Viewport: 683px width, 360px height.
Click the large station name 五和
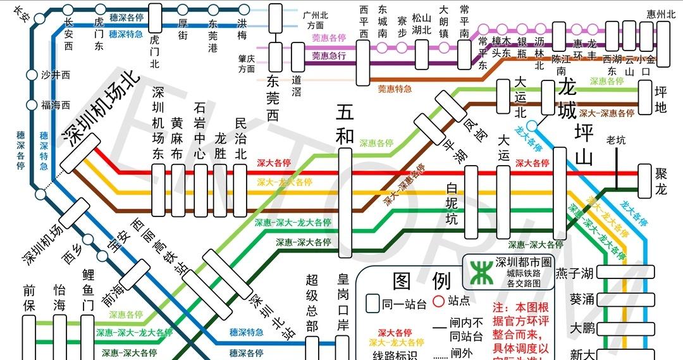click(345, 123)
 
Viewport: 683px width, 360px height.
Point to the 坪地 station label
click(660, 97)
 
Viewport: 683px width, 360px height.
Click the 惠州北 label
click(661, 14)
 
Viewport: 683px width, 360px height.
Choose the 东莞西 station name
click(273, 99)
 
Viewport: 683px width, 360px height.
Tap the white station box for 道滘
click(297, 58)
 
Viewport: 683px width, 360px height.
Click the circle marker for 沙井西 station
click(32, 75)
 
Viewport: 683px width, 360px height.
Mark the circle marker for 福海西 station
click(32, 104)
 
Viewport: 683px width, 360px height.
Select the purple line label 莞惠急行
click(329, 56)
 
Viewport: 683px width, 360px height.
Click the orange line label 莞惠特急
click(395, 89)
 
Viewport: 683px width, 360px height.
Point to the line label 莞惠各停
click(329, 38)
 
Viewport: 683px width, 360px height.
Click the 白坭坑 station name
click(452, 204)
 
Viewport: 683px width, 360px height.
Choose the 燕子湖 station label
click(574, 273)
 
